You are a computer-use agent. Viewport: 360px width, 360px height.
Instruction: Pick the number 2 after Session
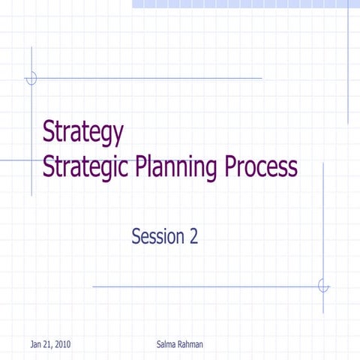pos(193,237)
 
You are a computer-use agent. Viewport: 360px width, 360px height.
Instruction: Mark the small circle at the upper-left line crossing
pos(31,78)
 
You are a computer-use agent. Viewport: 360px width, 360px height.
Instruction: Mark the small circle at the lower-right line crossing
pos(323,286)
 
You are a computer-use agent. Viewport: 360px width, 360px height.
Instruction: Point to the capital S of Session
pos(136,237)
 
